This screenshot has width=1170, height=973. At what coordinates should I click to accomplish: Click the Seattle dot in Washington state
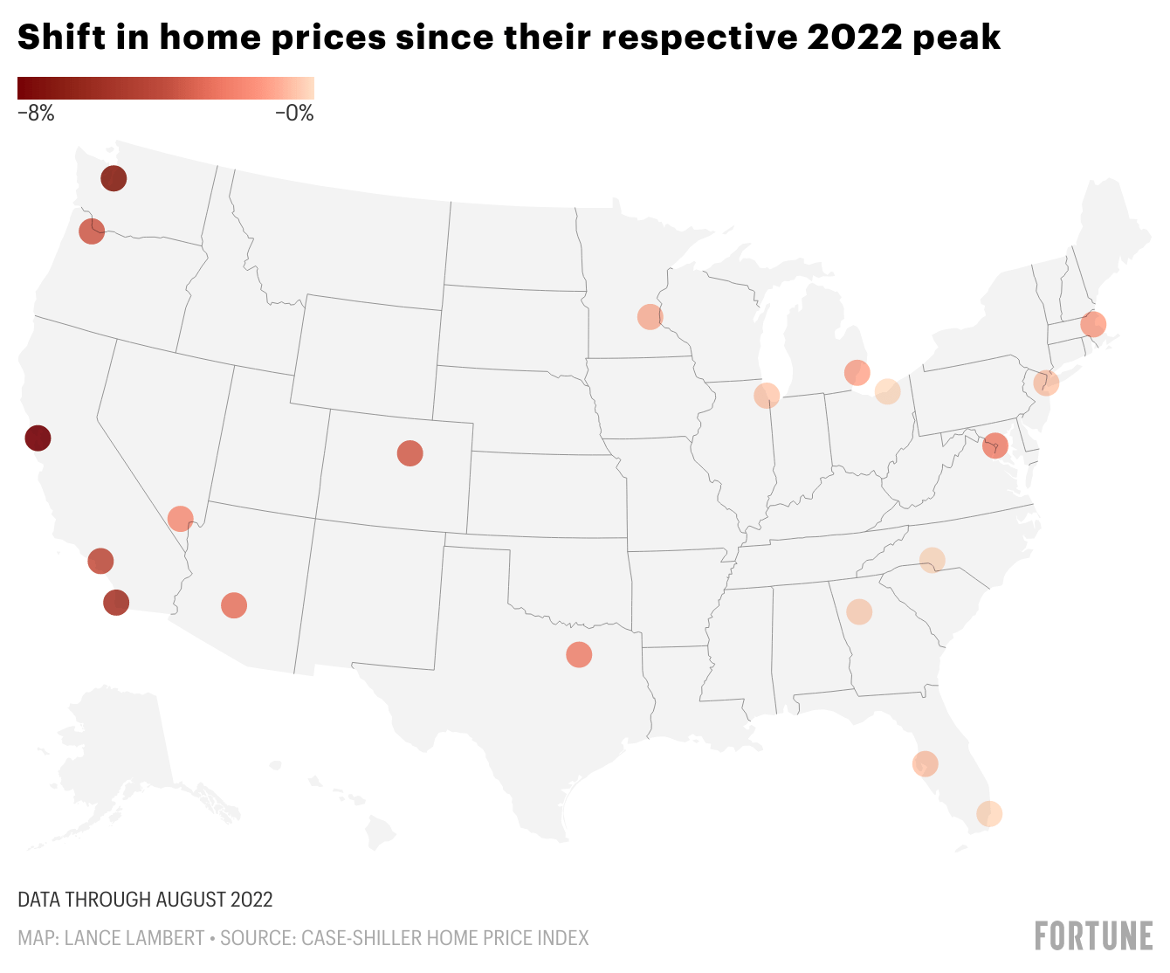[x=114, y=178]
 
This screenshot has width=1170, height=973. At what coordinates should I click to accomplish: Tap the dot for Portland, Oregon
[x=92, y=231]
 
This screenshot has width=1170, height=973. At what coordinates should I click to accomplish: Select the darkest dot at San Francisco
[x=38, y=438]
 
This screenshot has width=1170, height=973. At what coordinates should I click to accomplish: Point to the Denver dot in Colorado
[x=409, y=452]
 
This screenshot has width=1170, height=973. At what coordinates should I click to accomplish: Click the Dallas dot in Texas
[x=579, y=654]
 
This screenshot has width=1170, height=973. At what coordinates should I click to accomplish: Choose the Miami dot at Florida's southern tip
[x=989, y=814]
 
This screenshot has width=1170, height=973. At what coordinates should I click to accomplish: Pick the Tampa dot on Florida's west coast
[x=926, y=763]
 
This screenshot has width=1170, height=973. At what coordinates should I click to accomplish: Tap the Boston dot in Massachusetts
[x=1093, y=324]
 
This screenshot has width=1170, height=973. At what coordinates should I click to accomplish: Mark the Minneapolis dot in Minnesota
[x=650, y=316]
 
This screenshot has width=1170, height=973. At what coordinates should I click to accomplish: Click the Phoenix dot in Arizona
[x=234, y=605]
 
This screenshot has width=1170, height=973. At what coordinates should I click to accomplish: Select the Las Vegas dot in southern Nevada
[x=180, y=519]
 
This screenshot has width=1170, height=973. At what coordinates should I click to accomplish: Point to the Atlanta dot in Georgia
[x=859, y=611]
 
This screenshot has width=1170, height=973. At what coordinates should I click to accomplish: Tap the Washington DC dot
[x=994, y=445]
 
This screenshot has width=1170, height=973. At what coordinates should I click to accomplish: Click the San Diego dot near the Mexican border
[x=116, y=602]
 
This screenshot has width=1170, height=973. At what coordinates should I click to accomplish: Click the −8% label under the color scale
[x=36, y=113]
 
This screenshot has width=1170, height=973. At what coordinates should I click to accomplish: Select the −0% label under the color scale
[x=294, y=113]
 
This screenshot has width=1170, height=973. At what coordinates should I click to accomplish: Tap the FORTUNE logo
[x=1093, y=935]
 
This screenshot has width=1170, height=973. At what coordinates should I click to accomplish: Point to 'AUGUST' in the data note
[x=191, y=899]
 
